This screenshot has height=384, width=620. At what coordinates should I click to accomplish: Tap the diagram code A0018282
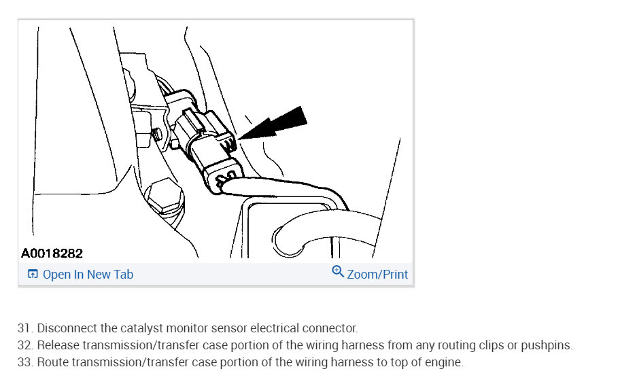[x=52, y=253]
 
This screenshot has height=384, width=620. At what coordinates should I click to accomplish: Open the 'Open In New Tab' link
[x=88, y=274]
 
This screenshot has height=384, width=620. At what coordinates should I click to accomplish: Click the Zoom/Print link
[x=377, y=274]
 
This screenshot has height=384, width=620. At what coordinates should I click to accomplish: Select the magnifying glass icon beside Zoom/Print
[x=338, y=272]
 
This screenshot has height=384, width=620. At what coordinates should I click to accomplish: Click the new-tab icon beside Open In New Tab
[x=33, y=274]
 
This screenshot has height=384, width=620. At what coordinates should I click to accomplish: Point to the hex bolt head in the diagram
[x=164, y=197]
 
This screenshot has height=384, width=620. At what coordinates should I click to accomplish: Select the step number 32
[x=25, y=345]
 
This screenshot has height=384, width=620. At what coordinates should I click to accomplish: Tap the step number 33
[x=25, y=362]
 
